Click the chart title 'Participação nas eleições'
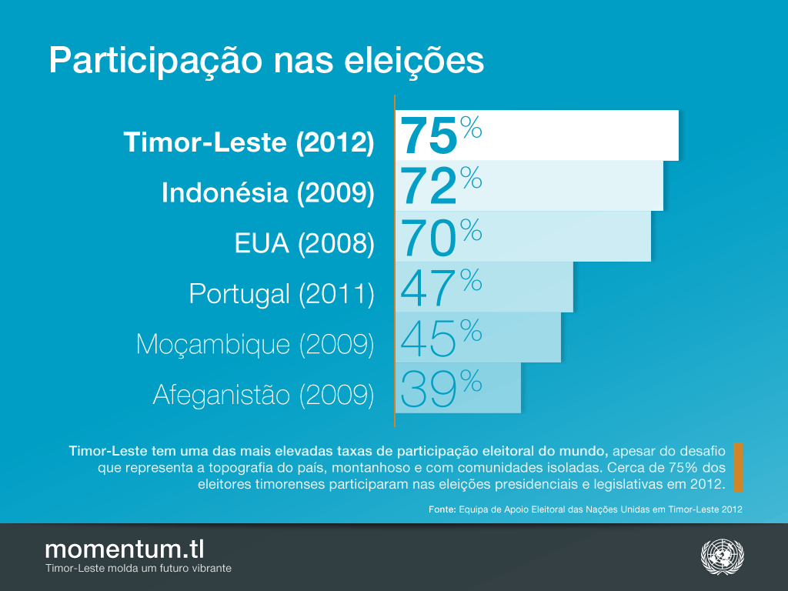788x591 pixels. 266,61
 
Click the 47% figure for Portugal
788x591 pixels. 441,287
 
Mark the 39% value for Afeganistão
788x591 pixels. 441,388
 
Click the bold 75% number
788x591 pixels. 441,135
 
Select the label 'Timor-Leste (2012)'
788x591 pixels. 249,142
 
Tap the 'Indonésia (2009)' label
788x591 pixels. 268,193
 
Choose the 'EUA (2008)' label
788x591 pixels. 304,244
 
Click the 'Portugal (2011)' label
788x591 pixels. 282,294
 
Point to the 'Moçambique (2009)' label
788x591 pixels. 255,345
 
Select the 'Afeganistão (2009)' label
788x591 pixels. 263,395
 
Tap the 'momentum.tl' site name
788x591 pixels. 125,549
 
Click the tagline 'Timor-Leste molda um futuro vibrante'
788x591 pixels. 139,569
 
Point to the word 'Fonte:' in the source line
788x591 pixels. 442,509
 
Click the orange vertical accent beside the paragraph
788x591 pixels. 738,466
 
